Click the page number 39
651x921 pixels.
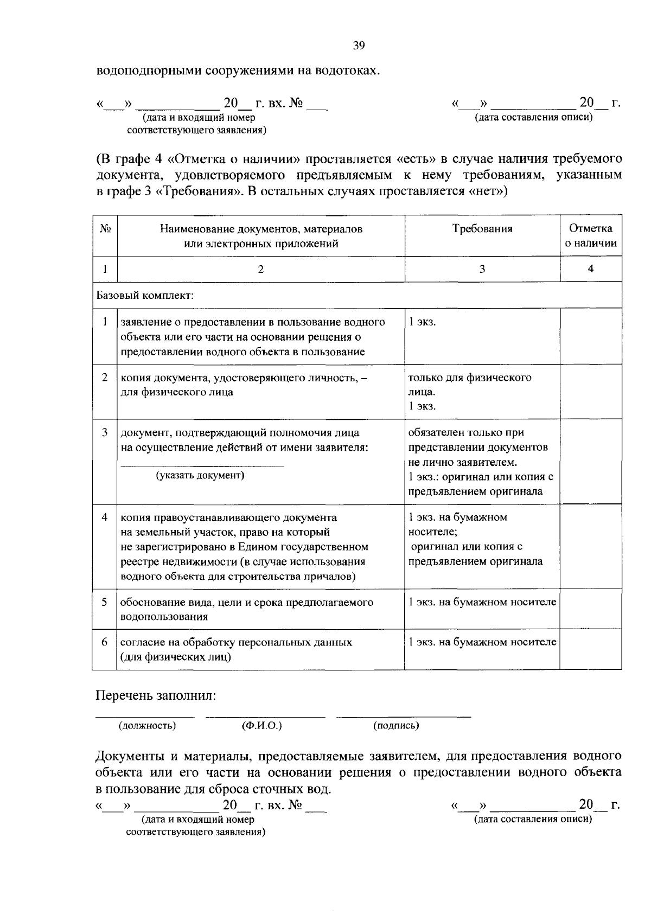click(x=359, y=46)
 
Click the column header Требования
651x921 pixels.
click(x=482, y=229)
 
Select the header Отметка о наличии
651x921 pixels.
click(x=590, y=236)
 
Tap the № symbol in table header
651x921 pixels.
click(x=105, y=229)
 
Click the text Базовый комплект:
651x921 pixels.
click(x=145, y=296)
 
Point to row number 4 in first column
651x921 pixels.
click(x=105, y=517)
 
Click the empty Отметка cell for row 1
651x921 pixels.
click(x=590, y=336)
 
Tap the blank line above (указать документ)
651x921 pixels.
click(x=201, y=465)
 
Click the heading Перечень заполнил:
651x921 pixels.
click(x=156, y=695)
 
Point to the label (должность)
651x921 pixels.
click(x=147, y=726)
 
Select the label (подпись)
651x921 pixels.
click(x=396, y=726)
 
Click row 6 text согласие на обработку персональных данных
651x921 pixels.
click(x=236, y=643)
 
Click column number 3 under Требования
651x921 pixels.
click(x=482, y=269)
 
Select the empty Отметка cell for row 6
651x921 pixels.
click(x=590, y=649)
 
